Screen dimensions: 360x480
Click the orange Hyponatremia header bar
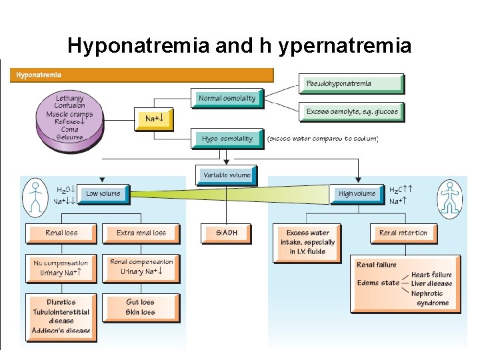pyautogui.click(x=142, y=75)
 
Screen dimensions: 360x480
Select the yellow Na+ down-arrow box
pyautogui.click(x=154, y=119)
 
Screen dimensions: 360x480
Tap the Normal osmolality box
pyautogui.click(x=227, y=99)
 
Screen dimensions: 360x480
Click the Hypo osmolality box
pyautogui.click(x=227, y=139)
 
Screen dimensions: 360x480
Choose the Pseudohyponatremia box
pyautogui.click(x=351, y=83)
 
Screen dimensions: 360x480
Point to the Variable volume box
pyautogui.click(x=227, y=175)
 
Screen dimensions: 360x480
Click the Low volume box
pyautogui.click(x=103, y=194)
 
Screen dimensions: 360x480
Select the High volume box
pyautogui.click(x=357, y=194)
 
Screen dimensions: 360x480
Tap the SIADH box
pyautogui.click(x=227, y=233)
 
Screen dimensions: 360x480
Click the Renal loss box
pyautogui.click(x=61, y=233)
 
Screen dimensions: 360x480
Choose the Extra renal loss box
pyautogui.click(x=141, y=233)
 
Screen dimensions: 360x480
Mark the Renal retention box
pyautogui.click(x=403, y=233)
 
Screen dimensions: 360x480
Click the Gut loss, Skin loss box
pyautogui.click(x=141, y=307)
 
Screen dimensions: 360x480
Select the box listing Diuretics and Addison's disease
pyautogui.click(x=61, y=317)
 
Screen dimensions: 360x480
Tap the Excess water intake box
pyautogui.click(x=307, y=242)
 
